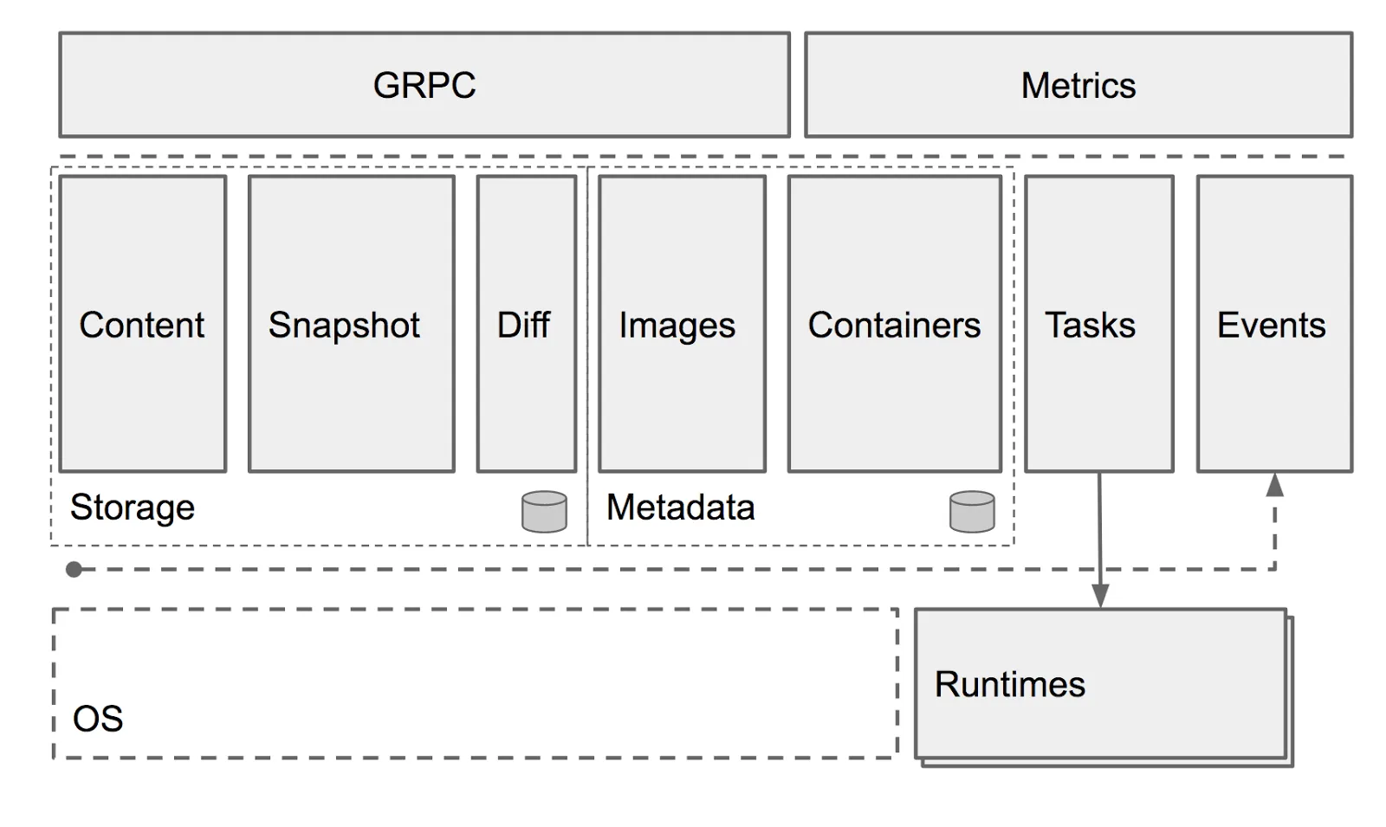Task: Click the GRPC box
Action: point(424,85)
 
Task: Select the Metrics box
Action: point(1078,85)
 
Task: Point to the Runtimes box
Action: point(1100,684)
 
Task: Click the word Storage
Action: point(132,507)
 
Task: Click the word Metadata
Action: point(680,507)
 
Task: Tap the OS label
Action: point(97,719)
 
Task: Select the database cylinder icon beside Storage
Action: point(544,512)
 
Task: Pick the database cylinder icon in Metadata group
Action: point(972,512)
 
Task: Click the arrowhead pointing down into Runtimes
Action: point(1100,597)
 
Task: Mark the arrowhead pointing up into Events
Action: point(1274,485)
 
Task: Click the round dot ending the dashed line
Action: point(74,569)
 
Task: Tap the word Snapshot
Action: point(344,326)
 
